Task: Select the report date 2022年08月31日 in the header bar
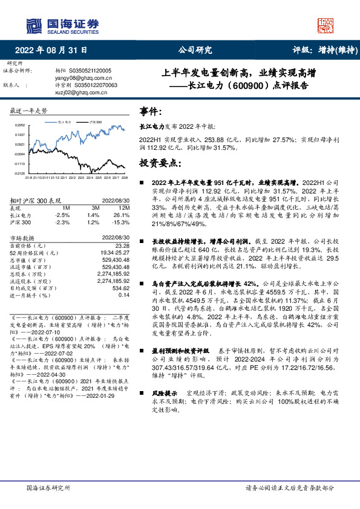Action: [x=50, y=51]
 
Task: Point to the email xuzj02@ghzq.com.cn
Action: [x=76, y=92]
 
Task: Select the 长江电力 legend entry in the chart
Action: [x=65, y=122]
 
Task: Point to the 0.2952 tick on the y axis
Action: [x=19, y=125]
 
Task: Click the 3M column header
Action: [x=93, y=207]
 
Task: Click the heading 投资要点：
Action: [x=160, y=163]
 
